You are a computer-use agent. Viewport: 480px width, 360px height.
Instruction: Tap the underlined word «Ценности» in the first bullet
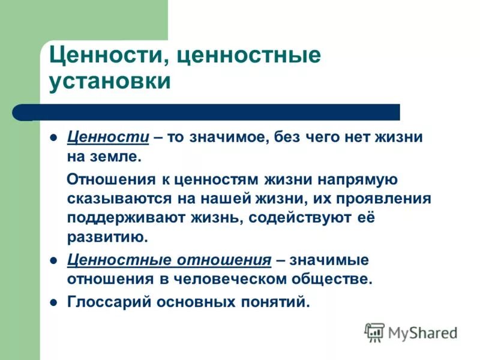(108, 137)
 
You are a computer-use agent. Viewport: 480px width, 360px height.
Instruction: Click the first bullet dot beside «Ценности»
(53, 137)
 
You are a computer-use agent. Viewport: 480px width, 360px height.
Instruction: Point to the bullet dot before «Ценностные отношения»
(53, 261)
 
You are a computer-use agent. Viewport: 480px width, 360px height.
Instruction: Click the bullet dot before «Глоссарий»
(53, 302)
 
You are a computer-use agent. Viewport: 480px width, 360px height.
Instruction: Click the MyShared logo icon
(375, 332)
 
